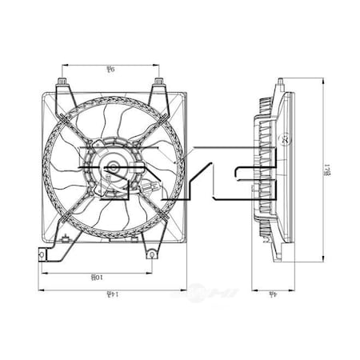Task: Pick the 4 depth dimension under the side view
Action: (x=274, y=294)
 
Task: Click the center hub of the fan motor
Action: (x=112, y=169)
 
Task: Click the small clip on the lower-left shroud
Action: (x=65, y=241)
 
